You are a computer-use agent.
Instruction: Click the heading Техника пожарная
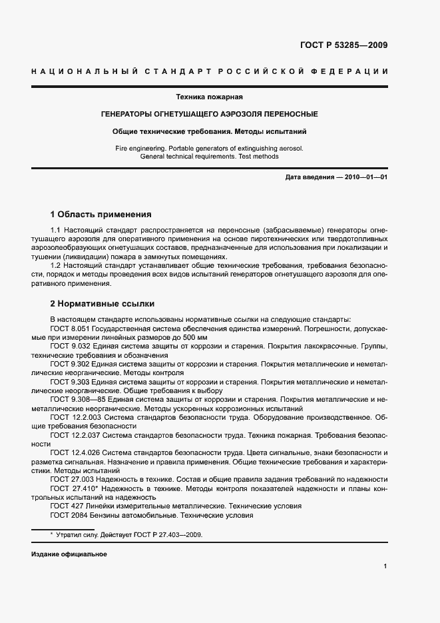[204, 97]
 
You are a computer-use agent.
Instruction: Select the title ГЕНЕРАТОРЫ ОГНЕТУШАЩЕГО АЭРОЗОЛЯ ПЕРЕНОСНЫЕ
[209, 114]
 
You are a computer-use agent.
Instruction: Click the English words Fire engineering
[140, 148]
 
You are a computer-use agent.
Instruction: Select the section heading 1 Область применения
[101, 215]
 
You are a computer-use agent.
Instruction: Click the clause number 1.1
[56, 230]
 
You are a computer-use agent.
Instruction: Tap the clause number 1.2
[56, 265]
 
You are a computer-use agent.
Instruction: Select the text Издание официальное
[69, 554]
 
